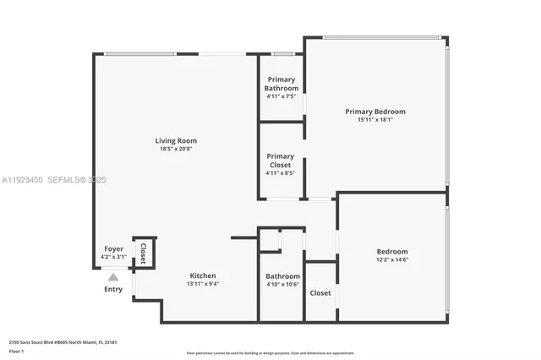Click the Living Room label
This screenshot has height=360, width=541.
point(175,140)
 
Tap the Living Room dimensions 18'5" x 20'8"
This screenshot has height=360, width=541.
point(175,149)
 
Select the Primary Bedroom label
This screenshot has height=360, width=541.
point(374,112)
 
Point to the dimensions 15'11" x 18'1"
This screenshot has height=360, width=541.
point(374,120)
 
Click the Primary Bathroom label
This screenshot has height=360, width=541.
point(281,84)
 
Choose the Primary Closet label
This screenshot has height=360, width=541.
point(281,161)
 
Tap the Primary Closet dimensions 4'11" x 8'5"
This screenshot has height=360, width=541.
point(281,173)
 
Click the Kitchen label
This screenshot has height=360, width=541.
point(202,275)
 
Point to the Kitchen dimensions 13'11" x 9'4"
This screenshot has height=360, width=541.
point(202,284)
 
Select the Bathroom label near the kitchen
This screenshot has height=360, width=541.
point(282,275)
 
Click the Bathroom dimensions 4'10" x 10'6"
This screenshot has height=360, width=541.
point(282,284)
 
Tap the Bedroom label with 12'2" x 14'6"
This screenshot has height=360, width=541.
point(392,252)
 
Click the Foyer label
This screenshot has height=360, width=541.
point(113,248)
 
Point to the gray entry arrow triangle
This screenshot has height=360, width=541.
point(113,275)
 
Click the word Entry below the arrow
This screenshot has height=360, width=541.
point(113,289)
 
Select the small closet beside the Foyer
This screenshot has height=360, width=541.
point(144,252)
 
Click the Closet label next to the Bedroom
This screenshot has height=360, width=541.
point(320,292)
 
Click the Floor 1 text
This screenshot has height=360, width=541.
point(16,351)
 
